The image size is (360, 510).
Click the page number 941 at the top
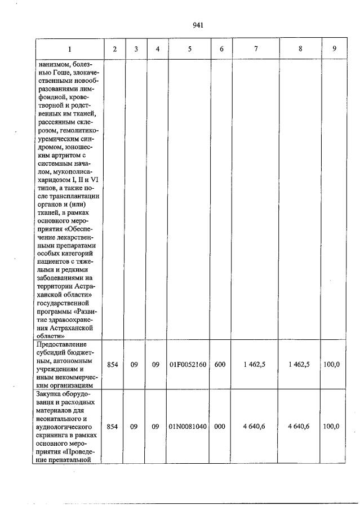(197, 25)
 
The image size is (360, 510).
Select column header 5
(189, 49)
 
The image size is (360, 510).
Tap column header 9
(334, 49)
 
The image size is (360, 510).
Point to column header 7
(256, 49)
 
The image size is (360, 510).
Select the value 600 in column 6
(220, 365)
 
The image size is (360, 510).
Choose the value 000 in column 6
(220, 427)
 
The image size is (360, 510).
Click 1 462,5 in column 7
(256, 365)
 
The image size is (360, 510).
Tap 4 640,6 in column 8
(300, 427)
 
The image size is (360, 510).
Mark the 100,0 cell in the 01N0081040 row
(331, 427)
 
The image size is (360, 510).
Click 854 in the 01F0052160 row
(113, 365)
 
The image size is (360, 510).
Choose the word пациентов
(55, 261)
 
